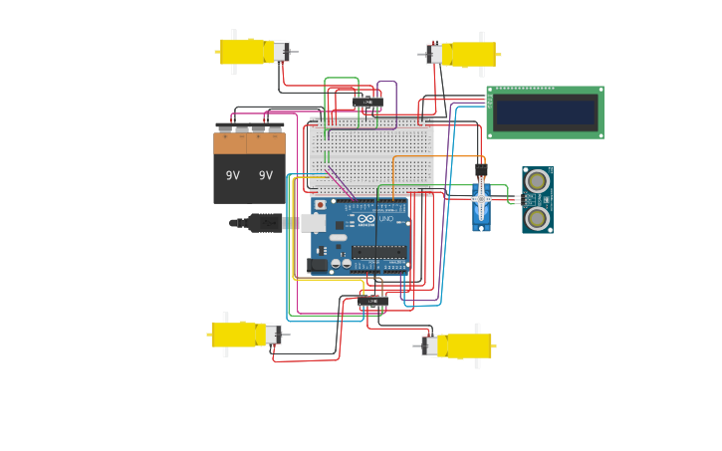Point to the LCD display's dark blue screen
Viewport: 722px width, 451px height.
coord(545,112)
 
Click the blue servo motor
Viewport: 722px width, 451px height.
coord(481,206)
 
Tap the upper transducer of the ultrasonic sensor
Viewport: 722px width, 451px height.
coord(538,181)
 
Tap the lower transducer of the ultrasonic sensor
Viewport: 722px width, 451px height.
coord(538,218)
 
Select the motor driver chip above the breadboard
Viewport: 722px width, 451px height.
coord(367,102)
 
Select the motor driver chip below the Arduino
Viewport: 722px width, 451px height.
coord(373,301)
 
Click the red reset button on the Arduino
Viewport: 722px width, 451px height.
coord(320,205)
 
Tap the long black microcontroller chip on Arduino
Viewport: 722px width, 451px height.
coord(378,252)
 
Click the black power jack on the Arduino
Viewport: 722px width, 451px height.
coord(318,265)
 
